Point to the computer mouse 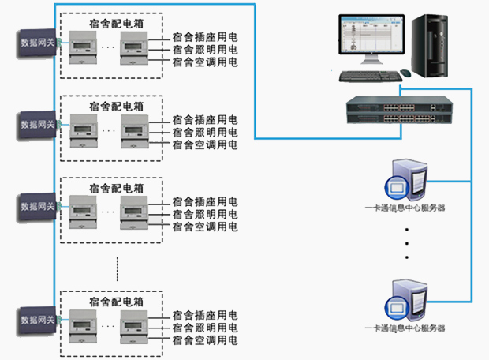405,73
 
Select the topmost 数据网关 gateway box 38,42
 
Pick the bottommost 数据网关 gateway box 38,320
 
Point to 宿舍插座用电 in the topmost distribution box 204,36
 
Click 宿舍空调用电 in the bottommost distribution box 204,339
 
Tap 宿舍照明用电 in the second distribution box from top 204,132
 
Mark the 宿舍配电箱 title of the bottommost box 116,301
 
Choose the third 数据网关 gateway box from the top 38,206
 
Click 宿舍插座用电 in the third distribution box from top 204,201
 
